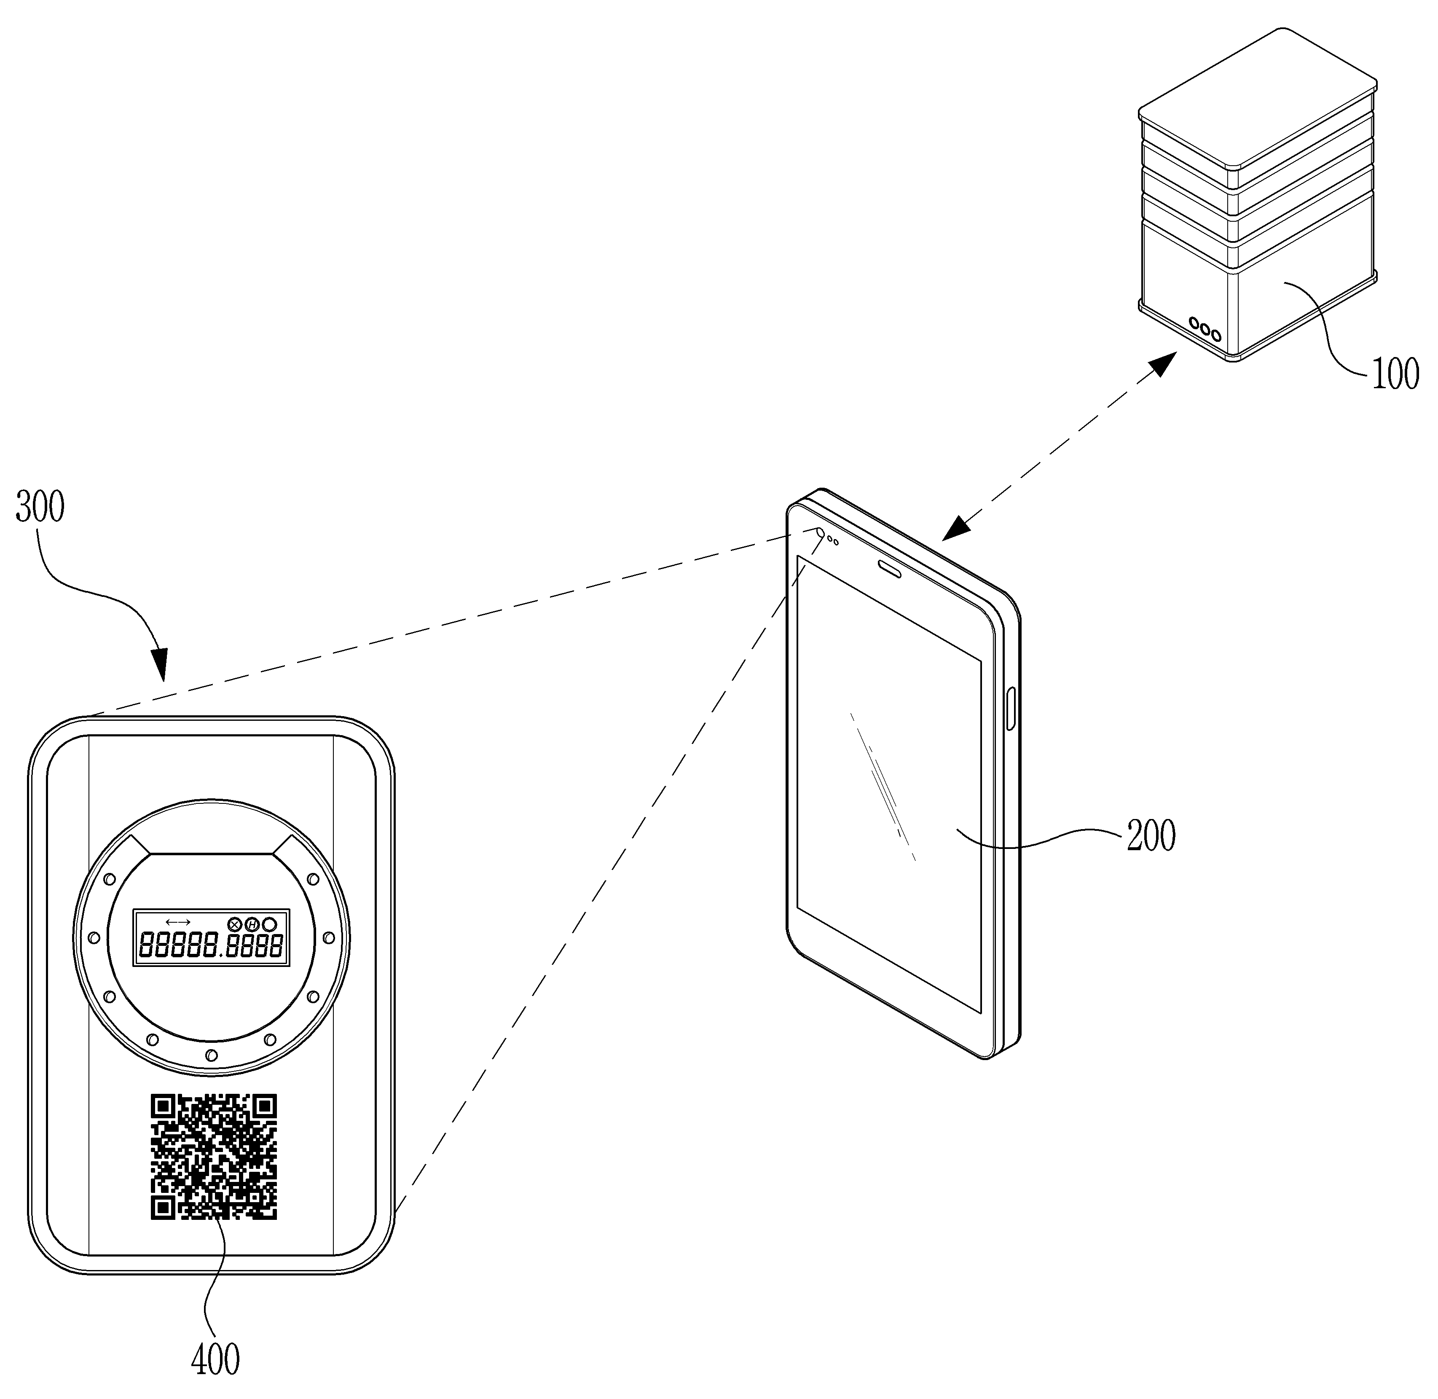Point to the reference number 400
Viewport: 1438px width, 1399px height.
[x=215, y=1359]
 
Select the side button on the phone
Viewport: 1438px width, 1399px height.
[x=1011, y=708]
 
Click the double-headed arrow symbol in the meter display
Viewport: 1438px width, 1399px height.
[x=178, y=921]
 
